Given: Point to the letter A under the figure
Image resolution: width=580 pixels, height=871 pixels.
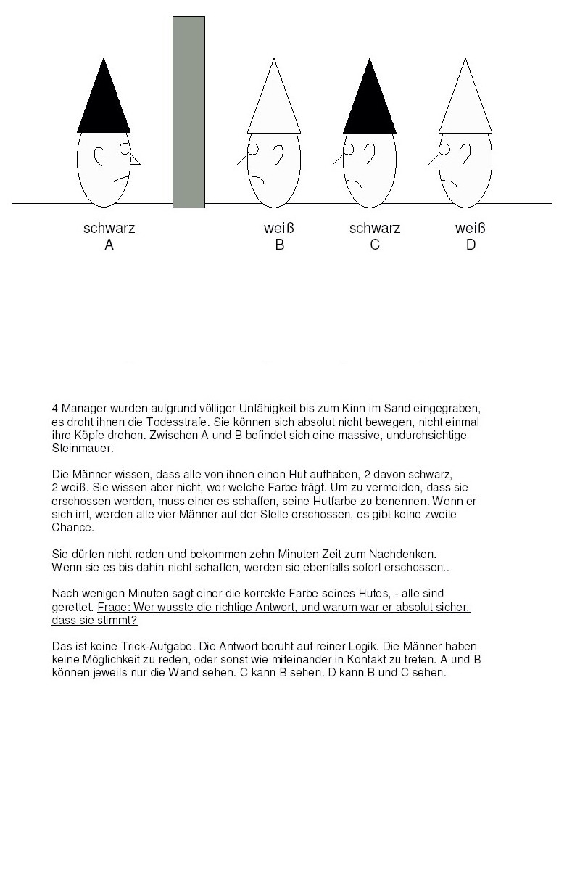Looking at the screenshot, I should (109, 245).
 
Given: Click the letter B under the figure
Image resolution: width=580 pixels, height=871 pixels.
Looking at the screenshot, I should (280, 245).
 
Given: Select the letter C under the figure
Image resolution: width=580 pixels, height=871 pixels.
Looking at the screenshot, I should (375, 245).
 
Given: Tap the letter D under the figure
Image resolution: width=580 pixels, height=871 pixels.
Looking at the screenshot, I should (471, 245).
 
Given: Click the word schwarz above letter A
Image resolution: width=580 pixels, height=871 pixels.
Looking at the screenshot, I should (109, 229).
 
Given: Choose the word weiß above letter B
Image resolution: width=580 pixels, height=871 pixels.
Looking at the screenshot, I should (279, 229).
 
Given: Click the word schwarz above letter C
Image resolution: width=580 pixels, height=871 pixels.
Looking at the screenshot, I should (375, 229).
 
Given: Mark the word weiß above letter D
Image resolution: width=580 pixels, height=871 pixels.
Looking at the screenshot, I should (471, 229).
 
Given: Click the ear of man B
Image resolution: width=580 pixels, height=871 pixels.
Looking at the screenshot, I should (278, 153).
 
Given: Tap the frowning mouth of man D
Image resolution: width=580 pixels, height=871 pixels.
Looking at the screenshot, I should (449, 182).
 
